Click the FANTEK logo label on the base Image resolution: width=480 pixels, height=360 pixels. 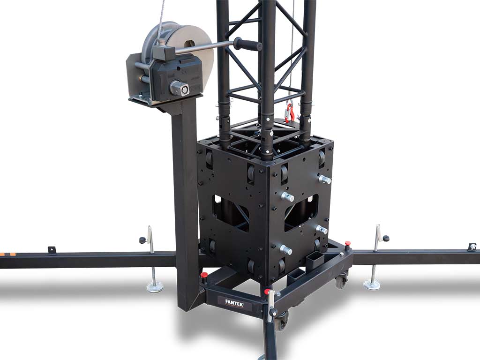pos(234,301)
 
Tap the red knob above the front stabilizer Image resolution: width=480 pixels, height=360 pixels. pos(268,291)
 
